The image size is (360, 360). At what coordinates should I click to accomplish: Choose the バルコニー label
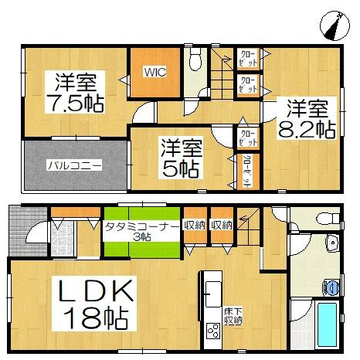[73, 165]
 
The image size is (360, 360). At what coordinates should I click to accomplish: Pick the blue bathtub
[328, 324]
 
